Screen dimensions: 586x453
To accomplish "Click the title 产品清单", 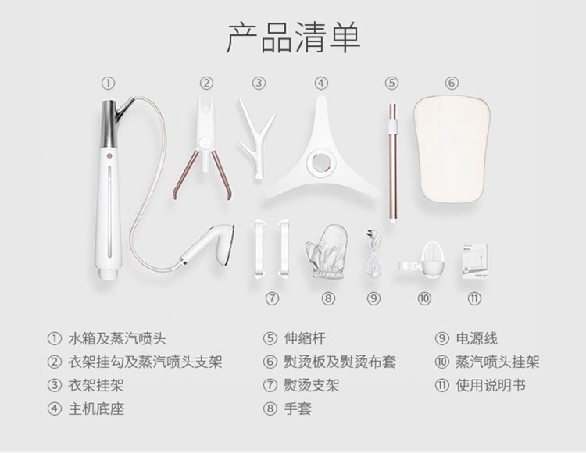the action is point(293,37).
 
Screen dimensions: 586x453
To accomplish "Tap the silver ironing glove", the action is point(324,251).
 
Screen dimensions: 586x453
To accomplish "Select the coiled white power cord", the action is point(374,254).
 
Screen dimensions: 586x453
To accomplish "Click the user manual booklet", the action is point(474,261).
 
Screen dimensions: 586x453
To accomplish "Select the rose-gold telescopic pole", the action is point(392,162).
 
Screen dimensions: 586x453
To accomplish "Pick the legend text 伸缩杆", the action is point(304,338).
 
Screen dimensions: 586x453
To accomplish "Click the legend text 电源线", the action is point(477,338).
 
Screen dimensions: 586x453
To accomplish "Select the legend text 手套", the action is point(298,408).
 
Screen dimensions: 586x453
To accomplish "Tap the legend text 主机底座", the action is point(96,408).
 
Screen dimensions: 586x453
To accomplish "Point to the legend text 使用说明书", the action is point(491,385).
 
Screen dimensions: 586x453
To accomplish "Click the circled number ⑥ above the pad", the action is point(452,83).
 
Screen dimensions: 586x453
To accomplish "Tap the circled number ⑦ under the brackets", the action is point(272,298).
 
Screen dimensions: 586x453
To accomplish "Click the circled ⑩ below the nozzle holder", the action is point(424,298).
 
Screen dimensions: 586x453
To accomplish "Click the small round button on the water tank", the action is point(109,155).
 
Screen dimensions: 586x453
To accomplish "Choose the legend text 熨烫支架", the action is point(311,385).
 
